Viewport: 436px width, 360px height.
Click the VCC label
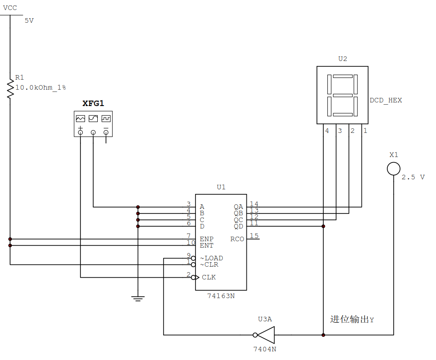point(10,8)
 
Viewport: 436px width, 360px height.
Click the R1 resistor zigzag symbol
point(10,89)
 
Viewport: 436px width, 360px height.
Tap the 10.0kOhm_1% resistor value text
point(40,87)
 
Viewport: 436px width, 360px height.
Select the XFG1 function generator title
point(93,103)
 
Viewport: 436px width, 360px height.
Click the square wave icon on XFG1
point(106,119)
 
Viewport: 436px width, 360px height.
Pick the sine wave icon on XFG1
point(93,119)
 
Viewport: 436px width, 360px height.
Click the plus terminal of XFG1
point(80,132)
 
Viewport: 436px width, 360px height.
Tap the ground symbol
point(138,299)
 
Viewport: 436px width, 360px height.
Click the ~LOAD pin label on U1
point(211,258)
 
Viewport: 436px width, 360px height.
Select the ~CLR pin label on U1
point(209,264)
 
